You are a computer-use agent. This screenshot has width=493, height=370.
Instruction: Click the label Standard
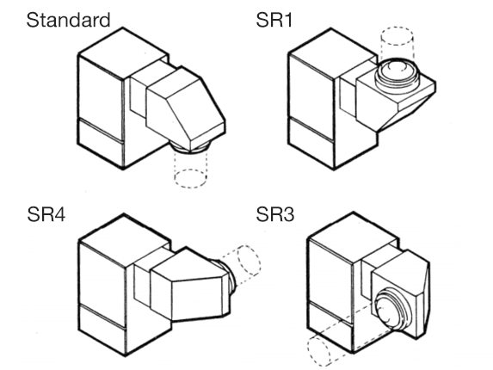[x=68, y=20]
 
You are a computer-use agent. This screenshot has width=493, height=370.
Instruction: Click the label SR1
[x=274, y=20]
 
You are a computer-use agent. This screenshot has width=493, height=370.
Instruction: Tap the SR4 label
[x=46, y=215]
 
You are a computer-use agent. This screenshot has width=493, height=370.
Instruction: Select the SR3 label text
[x=275, y=215]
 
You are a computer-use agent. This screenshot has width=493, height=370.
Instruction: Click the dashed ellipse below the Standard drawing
[x=190, y=179]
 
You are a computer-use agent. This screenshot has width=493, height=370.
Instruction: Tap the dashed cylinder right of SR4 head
[x=242, y=263]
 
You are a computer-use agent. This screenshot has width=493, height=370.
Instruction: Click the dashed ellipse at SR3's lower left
[x=319, y=351]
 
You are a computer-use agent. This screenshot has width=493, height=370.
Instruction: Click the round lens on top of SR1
[x=397, y=73]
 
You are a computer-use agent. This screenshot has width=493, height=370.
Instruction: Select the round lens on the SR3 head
[x=392, y=311]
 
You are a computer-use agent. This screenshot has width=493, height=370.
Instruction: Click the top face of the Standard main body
[x=123, y=52]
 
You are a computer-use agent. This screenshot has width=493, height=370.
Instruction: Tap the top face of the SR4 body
[x=125, y=240]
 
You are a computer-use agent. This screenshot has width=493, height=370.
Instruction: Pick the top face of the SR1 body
[x=332, y=52]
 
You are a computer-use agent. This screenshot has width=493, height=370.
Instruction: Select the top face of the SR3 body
[x=353, y=237]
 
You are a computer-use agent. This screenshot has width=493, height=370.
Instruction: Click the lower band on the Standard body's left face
[x=100, y=144]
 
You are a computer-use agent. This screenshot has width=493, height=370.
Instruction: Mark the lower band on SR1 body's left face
[x=311, y=144]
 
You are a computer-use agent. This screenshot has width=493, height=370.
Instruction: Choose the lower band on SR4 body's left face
[x=102, y=330]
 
